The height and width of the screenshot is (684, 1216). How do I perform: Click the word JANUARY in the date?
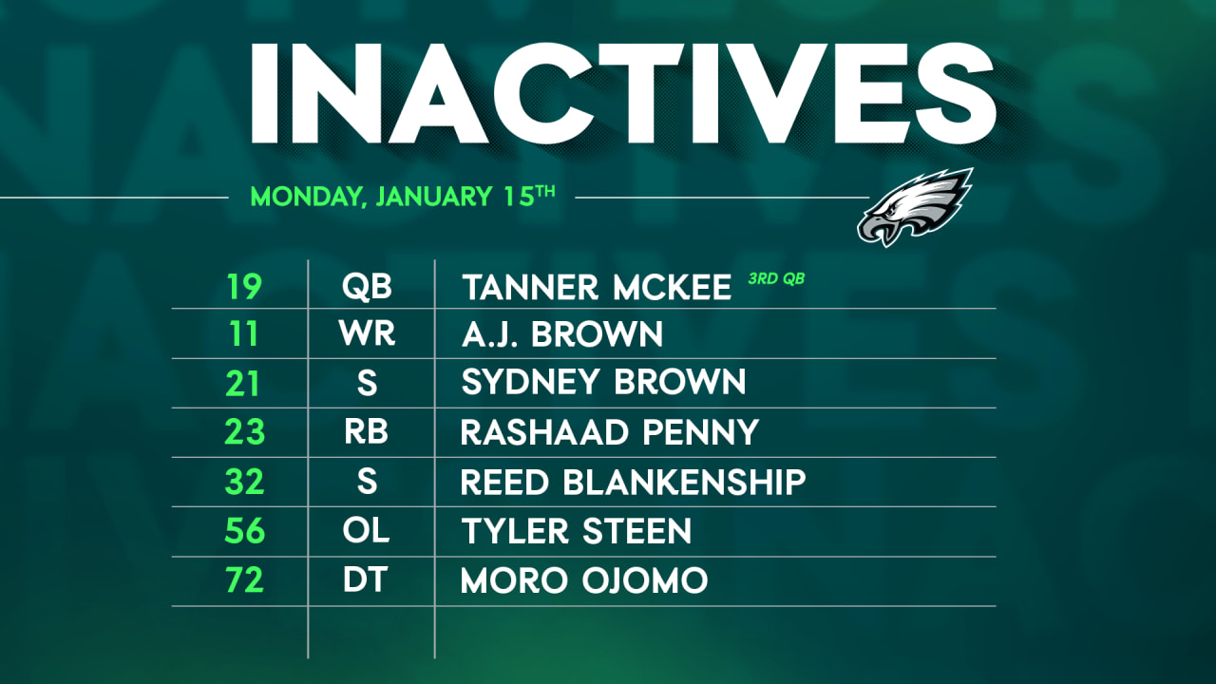(x=433, y=197)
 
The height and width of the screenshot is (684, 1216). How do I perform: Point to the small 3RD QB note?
(x=776, y=279)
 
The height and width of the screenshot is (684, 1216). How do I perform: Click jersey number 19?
(x=244, y=286)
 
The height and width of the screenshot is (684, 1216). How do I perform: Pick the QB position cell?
(x=367, y=286)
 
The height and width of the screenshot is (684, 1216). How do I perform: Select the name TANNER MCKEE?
(x=597, y=288)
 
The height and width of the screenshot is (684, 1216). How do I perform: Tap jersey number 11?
(x=244, y=334)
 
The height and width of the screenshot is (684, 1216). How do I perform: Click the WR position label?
(x=368, y=334)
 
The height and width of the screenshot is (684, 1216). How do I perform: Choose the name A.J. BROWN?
(x=562, y=334)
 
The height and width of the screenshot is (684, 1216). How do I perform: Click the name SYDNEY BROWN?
(x=603, y=383)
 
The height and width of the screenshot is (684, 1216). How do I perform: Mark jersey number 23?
(x=244, y=432)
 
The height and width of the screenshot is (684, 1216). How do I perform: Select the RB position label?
(x=367, y=432)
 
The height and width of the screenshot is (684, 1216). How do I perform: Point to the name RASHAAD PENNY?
(x=609, y=433)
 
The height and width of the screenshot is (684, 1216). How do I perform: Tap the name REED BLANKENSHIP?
(x=633, y=482)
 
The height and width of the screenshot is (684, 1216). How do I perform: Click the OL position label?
(x=367, y=531)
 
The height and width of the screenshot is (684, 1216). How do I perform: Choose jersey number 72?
(x=244, y=580)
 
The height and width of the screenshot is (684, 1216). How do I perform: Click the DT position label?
(x=367, y=580)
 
